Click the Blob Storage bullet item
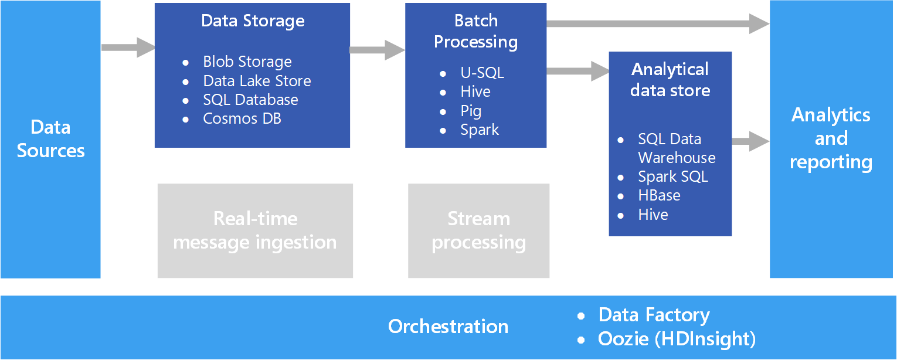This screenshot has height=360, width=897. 247,62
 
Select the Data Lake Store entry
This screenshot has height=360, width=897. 257,81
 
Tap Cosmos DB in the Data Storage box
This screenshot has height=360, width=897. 242,118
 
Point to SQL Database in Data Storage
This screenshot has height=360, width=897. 250,100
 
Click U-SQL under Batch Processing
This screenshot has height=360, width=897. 482,73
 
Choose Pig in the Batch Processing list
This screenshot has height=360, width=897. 471,111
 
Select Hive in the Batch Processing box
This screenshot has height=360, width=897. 475,91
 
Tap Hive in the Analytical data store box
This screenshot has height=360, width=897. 653,215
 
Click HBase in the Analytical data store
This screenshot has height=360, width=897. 659,195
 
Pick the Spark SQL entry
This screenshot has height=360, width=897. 673,176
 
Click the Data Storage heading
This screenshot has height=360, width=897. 253,21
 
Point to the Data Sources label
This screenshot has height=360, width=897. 50,139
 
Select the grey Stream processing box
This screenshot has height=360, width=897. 478,230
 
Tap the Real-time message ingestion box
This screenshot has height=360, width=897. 255,230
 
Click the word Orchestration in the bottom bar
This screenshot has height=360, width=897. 448,327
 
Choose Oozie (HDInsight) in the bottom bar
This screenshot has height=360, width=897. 677,339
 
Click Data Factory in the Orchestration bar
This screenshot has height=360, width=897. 654,315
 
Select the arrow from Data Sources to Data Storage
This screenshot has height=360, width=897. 127,47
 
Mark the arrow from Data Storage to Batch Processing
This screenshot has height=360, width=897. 377,50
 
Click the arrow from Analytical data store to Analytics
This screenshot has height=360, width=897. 750,141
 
